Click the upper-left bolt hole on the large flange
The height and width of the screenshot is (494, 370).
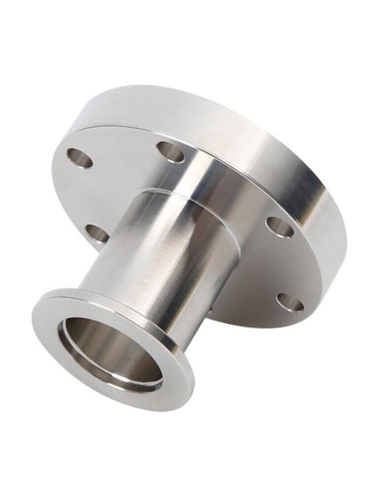click(79, 158)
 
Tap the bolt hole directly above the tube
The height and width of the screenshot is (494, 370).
click(170, 152)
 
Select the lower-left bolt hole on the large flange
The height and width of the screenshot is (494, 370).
click(97, 234)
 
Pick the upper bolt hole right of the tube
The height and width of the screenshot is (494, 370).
click(279, 227)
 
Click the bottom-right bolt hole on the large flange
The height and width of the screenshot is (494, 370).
click(289, 302)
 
